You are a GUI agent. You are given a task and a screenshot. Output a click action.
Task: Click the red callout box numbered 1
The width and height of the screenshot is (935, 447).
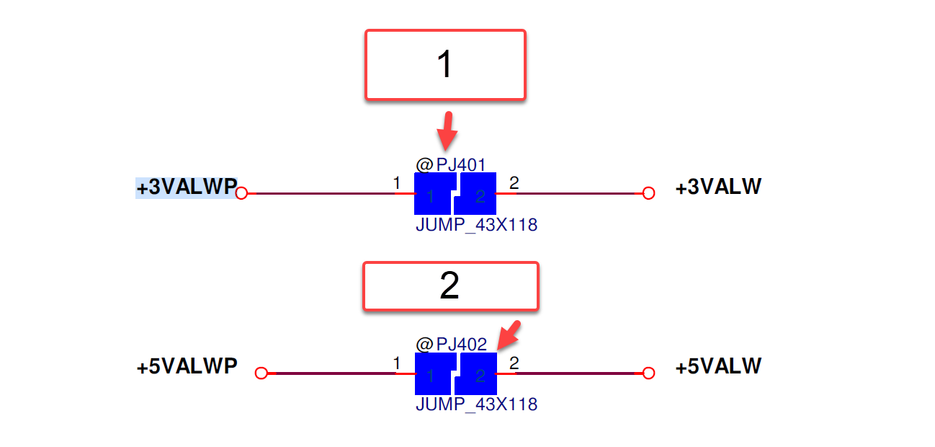pos(445,65)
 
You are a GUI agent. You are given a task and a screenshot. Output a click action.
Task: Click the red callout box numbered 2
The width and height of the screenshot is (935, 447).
pos(451,286)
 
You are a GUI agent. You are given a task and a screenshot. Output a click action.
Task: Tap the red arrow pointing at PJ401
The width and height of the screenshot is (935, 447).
pos(447,130)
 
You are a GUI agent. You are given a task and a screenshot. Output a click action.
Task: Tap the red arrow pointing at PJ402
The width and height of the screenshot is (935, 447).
pos(509,335)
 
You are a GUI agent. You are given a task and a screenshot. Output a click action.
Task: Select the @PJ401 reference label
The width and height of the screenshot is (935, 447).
pos(451,164)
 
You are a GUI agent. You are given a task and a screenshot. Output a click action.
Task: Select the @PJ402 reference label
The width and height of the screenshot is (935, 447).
pos(451,345)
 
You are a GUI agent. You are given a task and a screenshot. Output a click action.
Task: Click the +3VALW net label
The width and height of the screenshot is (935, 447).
pos(718,187)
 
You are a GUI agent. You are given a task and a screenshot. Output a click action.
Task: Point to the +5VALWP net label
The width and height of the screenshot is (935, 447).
pos(187,366)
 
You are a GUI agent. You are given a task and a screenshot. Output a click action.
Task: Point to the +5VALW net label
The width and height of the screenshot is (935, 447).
pos(718,366)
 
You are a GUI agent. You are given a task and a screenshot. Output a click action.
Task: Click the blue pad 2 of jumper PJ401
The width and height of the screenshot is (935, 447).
pos(476,193)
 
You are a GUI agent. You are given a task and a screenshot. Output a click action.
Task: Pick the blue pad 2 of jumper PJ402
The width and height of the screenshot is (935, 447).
pos(477,373)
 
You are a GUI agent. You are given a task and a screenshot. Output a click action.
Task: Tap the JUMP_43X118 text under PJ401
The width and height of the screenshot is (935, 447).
pos(476,225)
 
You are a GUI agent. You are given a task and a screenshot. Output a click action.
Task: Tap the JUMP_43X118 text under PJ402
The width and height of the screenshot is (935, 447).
pos(476,404)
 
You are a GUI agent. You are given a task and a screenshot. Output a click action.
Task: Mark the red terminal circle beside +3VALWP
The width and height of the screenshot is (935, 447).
pos(241,193)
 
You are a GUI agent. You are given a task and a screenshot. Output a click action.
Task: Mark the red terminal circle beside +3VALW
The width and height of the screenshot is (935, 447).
pos(648,193)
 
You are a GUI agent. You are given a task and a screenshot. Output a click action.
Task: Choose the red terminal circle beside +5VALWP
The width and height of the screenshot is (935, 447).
pos(261,373)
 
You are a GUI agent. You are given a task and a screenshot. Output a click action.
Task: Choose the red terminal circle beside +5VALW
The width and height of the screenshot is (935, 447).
pos(648,373)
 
